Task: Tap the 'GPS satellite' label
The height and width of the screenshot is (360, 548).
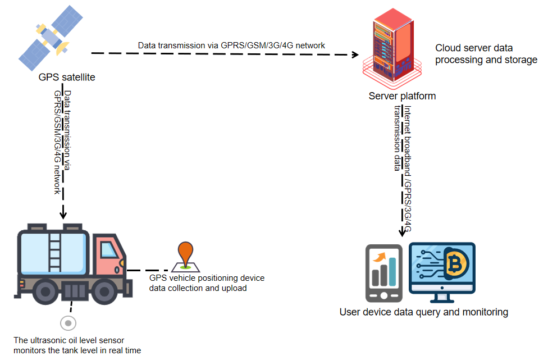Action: click(x=67, y=78)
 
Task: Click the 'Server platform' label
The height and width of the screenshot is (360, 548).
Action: click(x=402, y=96)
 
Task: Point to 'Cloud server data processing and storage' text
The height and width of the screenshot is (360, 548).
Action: click(x=486, y=54)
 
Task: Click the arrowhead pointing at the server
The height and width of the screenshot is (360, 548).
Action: click(x=355, y=54)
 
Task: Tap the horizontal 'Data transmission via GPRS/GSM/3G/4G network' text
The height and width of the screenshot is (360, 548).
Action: click(x=231, y=45)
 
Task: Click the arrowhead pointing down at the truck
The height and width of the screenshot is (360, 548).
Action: click(x=63, y=215)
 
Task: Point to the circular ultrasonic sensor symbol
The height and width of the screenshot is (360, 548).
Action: click(x=68, y=323)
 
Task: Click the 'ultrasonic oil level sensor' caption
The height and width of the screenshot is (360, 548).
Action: click(x=77, y=345)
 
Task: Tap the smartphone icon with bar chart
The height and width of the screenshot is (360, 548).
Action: click(x=383, y=272)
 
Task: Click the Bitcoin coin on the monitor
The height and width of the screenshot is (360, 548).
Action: click(x=456, y=262)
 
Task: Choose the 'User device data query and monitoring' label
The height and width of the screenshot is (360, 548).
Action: click(x=423, y=312)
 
